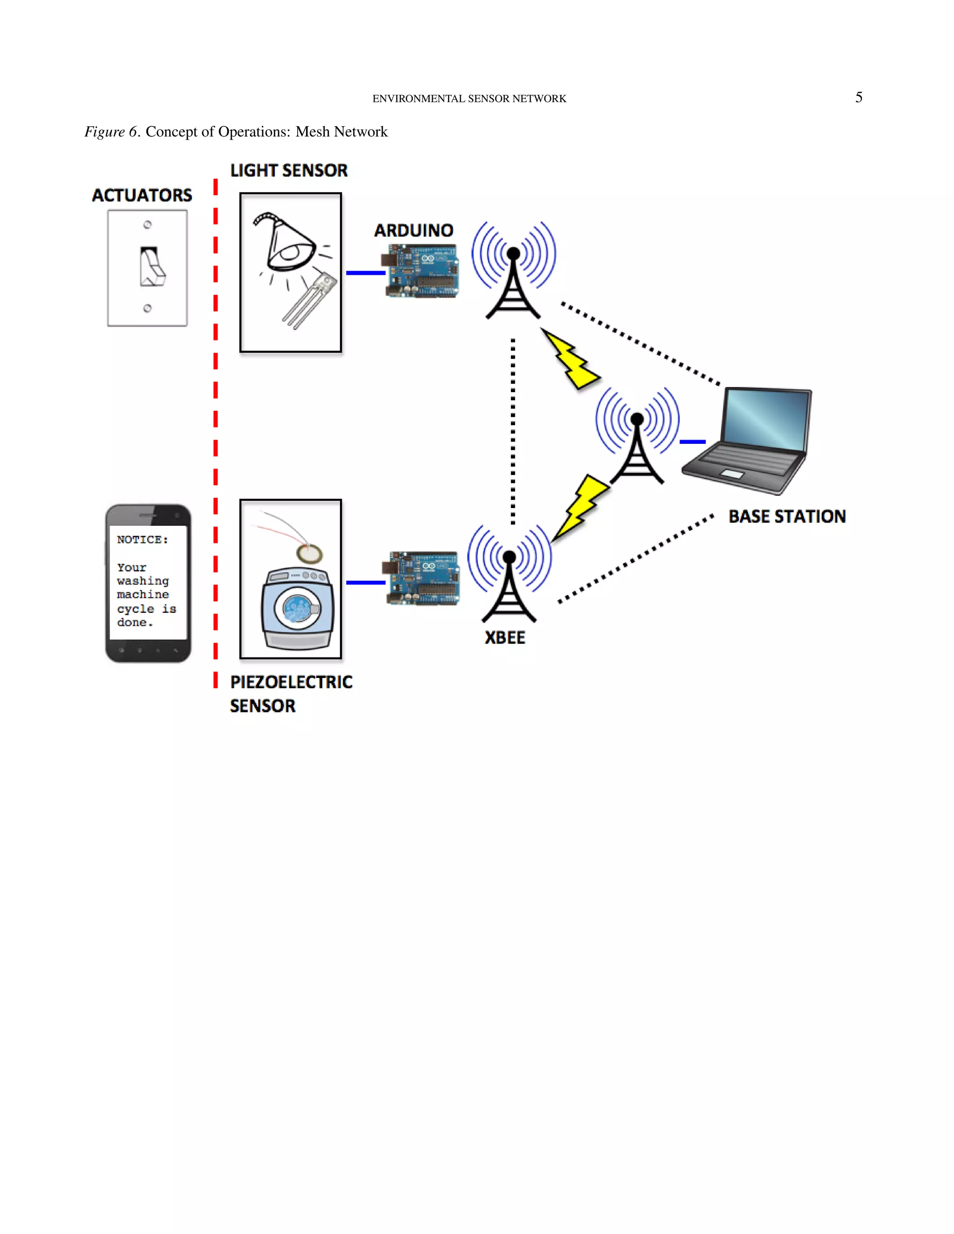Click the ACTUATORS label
tap(142, 196)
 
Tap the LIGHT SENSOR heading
tap(288, 170)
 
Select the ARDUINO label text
tap(413, 231)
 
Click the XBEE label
tap(504, 638)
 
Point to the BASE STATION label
tap(787, 516)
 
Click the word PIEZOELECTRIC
tap(291, 682)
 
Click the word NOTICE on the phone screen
tap(142, 540)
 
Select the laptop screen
tap(766, 418)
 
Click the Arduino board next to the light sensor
tap(422, 271)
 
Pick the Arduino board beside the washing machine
tap(422, 578)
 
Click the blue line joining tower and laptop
tap(692, 441)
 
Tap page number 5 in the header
tap(859, 98)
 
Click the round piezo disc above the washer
tap(309, 554)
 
